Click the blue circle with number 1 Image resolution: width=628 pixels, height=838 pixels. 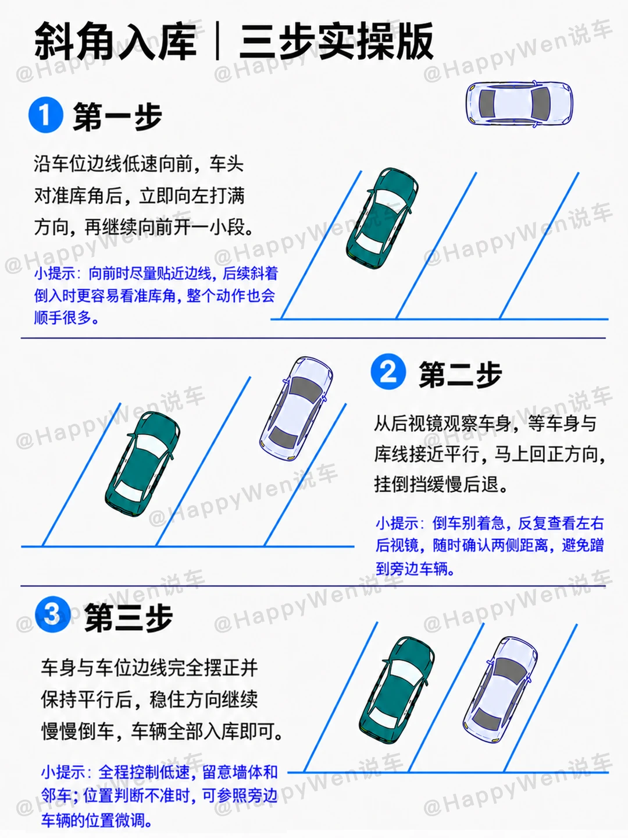coord(46,115)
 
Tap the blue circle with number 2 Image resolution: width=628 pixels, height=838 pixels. coord(388,371)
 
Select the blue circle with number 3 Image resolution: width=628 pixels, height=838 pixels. coord(52,615)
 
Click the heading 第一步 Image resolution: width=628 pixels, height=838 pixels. coord(117,116)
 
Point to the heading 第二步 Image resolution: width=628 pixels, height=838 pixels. coord(460,375)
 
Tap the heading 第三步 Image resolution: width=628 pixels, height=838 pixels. coord(129,617)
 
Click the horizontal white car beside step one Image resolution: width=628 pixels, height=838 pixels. coord(519,104)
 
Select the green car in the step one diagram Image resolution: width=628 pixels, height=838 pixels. coord(382,219)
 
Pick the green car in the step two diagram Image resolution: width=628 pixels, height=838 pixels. coord(142,464)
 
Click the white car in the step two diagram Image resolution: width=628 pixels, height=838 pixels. coord(296,409)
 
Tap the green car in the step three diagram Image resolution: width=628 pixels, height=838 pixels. coord(397,690)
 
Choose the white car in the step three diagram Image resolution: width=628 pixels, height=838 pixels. coord(500,690)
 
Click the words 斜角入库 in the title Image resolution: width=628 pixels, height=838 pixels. coord(116,41)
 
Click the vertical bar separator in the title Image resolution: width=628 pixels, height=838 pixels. coord(217,41)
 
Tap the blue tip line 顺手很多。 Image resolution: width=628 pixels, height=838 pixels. coord(67,317)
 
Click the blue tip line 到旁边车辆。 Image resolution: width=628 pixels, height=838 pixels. coord(415,569)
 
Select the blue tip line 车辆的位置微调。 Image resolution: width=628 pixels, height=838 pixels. coord(97,820)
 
